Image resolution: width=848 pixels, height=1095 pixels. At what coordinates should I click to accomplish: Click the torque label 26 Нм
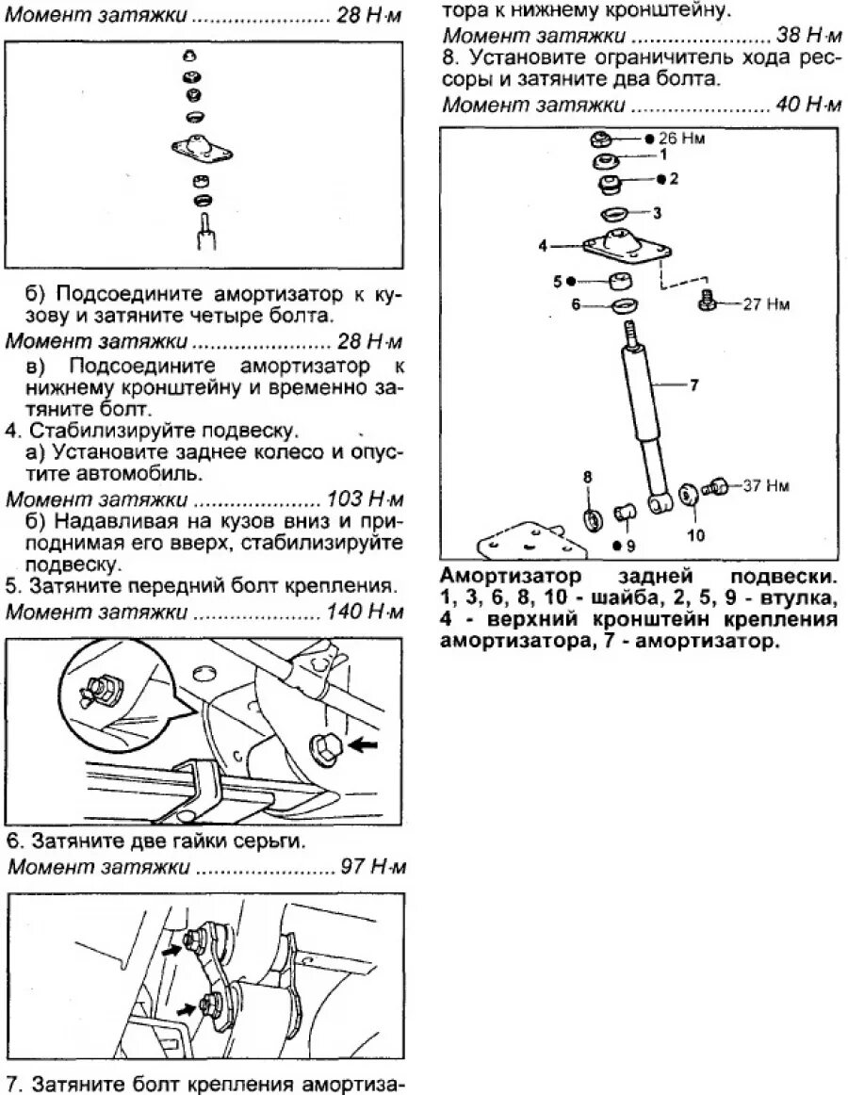684,139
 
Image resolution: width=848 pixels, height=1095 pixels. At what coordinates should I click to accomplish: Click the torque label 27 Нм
764,304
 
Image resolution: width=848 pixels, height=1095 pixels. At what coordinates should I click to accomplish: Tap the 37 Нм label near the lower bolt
764,486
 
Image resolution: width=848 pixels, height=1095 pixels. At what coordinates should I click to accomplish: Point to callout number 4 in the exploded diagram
543,246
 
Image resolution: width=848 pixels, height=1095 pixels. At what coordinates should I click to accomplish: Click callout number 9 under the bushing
630,545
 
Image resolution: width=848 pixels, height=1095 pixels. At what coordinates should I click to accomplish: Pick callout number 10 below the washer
694,536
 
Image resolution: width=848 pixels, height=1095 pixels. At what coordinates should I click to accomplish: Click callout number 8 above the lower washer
588,477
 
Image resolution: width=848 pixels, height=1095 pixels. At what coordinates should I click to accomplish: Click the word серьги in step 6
272,839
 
